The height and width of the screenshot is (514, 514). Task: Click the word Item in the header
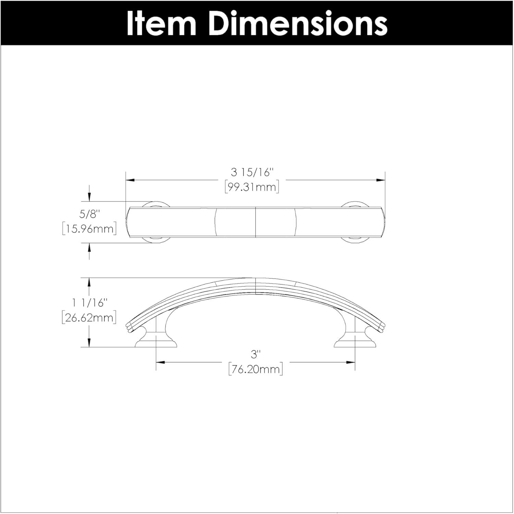point(161,23)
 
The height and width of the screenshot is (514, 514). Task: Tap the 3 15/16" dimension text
point(253,172)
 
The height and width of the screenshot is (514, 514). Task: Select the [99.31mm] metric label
point(252,187)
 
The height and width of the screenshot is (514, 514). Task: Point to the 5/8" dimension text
point(89,215)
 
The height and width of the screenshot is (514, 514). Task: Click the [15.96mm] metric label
point(89,229)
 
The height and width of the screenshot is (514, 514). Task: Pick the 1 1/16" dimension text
point(89,303)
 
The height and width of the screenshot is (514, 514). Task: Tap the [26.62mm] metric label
point(89,318)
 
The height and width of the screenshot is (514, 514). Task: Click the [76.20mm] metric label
point(256,370)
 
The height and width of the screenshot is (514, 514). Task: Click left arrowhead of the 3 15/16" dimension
point(130,180)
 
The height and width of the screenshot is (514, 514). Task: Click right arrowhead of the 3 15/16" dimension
point(381,180)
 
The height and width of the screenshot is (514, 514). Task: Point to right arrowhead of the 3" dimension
point(351,362)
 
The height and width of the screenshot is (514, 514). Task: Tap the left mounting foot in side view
point(156,341)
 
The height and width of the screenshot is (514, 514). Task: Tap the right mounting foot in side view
point(354,341)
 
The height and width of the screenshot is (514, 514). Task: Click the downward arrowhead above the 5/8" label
point(89,197)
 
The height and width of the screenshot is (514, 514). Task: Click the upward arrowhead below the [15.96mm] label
point(89,247)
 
